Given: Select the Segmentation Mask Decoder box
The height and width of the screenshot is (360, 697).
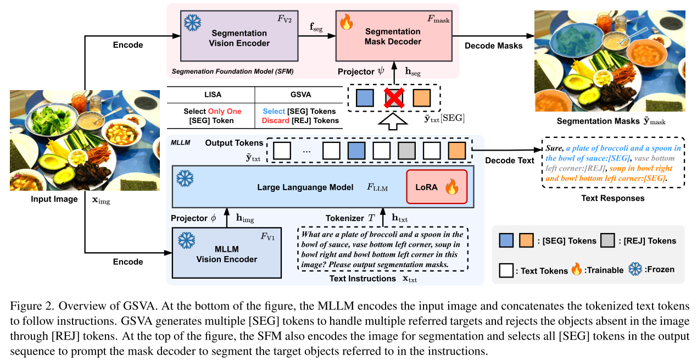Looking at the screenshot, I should (x=393, y=36).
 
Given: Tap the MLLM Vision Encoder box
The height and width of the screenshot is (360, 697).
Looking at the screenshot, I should (x=226, y=253).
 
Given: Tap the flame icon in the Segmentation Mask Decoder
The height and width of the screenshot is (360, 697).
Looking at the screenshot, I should (x=347, y=23).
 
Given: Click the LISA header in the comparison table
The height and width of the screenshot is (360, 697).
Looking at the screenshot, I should (x=210, y=95).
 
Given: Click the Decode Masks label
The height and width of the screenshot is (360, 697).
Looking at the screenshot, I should (x=493, y=46).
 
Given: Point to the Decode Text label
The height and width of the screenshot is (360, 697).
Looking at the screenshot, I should (x=510, y=160).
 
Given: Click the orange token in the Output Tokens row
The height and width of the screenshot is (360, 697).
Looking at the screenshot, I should (x=456, y=150).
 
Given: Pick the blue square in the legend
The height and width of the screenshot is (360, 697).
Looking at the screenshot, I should (x=507, y=240).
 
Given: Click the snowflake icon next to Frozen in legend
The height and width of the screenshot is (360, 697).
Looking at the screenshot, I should (x=635, y=269).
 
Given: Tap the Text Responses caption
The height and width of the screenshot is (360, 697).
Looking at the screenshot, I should (x=612, y=198).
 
